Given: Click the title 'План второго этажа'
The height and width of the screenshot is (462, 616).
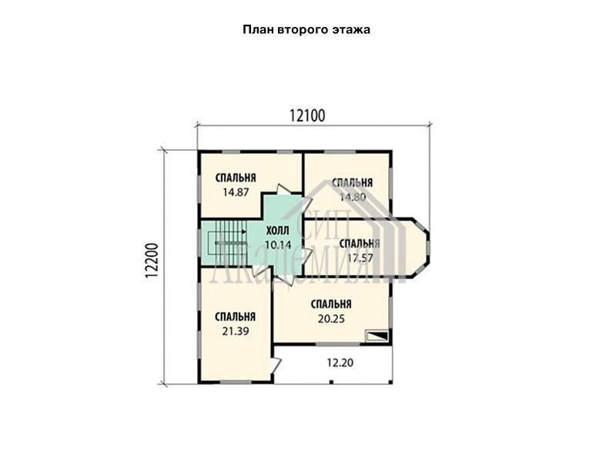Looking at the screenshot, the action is [306, 30].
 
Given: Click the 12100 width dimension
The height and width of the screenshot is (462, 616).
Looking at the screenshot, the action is [307, 116].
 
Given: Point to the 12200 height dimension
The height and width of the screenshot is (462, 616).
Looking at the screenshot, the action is [151, 261].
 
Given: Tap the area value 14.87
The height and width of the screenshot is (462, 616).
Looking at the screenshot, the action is [236, 192].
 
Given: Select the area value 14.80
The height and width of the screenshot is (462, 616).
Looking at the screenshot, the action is [353, 197].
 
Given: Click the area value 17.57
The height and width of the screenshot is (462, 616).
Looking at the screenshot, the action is [360, 258].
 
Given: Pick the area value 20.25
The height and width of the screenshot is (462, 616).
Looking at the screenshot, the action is [331, 319].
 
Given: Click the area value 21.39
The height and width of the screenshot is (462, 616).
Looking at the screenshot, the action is [236, 331].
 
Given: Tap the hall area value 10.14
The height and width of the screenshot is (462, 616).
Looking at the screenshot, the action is [278, 245].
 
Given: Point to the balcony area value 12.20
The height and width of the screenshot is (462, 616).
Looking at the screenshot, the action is [340, 362].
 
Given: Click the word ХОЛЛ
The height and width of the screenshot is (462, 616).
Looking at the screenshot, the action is [277, 230].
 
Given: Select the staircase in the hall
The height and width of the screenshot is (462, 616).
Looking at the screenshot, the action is [226, 243].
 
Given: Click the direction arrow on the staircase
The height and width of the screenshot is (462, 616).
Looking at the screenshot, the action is [230, 232].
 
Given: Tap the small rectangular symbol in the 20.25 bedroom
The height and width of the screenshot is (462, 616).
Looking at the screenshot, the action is [377, 336].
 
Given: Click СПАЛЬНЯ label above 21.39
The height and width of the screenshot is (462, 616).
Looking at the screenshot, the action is [236, 316].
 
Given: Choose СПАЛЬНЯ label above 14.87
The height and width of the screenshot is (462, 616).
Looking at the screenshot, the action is [236, 178].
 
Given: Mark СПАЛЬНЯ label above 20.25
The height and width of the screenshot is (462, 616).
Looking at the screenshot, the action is [331, 304].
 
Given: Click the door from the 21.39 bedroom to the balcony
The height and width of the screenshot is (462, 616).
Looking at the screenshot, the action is [276, 364].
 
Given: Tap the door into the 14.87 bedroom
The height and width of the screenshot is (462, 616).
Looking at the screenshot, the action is [283, 189].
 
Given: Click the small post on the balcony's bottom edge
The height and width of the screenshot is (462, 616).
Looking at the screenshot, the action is [331, 381].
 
